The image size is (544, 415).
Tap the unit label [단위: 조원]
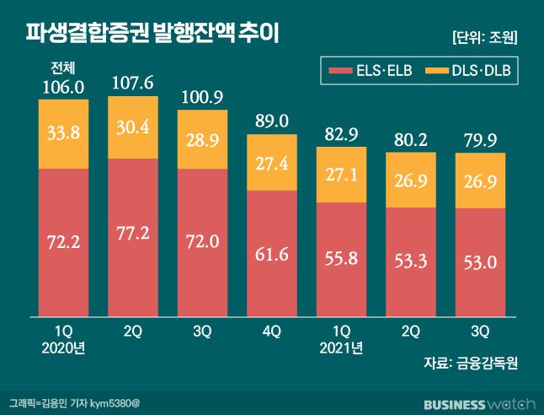point(484,37)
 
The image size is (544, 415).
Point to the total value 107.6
point(132,84)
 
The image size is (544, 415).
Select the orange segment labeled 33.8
point(62,132)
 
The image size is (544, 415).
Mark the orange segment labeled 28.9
point(202,139)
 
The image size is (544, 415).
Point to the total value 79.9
point(480,140)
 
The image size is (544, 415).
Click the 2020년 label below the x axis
point(62,347)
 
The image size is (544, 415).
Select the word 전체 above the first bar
point(62,68)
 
